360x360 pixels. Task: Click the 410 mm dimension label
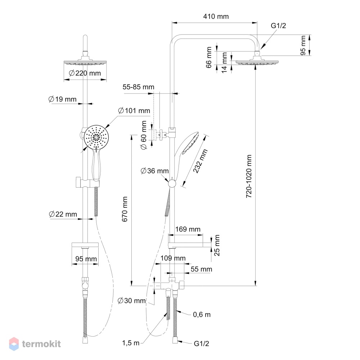coord(216,16)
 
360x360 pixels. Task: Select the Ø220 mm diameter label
coord(85,73)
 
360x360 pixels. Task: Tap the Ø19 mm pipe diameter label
coord(62,99)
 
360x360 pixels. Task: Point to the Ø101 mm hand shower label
coord(134,111)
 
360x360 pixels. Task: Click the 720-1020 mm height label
coord(249,176)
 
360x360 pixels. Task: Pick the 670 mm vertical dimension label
coord(125,209)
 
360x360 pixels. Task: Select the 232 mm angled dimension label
coord(200,161)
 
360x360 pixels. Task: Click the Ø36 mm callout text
coord(154,171)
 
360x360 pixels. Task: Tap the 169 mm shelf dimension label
coord(188,229)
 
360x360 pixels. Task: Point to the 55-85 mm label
coord(139,87)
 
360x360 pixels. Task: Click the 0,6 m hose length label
coord(202,315)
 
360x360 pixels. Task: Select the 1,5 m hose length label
coord(131,343)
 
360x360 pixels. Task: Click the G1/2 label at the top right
coord(279,26)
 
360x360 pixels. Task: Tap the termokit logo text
coord(41,344)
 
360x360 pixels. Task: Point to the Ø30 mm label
coord(131,301)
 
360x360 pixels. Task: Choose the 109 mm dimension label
coord(173,258)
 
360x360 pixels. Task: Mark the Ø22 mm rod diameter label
coord(63,214)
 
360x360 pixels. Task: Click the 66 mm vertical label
coord(209,57)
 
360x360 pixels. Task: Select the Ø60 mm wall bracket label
coord(144,135)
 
